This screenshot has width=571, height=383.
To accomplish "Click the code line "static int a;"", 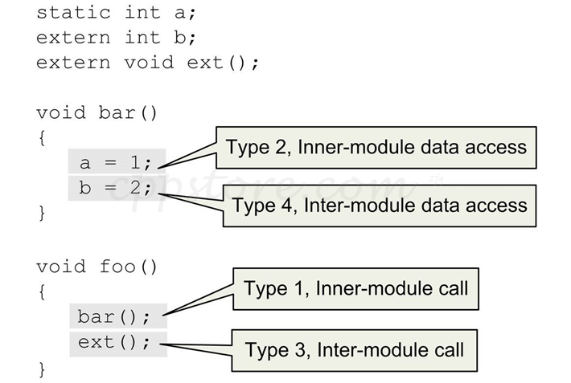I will click(116, 12).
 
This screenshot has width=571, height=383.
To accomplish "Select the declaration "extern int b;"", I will click(116, 37).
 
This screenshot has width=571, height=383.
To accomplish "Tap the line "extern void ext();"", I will click(148, 63).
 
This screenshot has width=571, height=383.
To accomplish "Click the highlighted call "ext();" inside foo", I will click(114, 343).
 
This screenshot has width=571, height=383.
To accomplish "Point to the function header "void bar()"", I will click(97, 112).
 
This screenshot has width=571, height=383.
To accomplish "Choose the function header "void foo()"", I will click(97, 267).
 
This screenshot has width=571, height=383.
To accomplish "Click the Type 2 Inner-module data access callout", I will click(376, 147).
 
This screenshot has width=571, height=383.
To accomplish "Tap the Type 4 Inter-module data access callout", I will click(380, 205).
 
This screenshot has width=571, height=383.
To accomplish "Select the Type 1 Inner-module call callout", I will click(355, 287).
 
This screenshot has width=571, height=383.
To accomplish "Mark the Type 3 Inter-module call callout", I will click(355, 350).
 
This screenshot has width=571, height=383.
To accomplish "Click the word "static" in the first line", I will click(72, 12).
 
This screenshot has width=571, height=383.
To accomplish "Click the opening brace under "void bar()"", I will click(41, 138).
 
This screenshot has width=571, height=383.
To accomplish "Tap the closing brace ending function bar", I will click(41, 214).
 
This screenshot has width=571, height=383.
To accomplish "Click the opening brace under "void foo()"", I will click(41, 292).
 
